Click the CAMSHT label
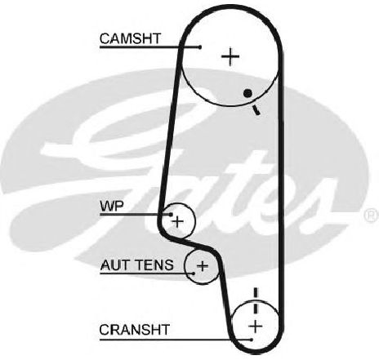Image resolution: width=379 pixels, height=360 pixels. tap(130, 38)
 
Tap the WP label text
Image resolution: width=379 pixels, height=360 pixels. tap(112, 207)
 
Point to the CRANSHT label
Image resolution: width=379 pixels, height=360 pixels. tap(135, 330)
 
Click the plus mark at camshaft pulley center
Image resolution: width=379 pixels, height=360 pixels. tap(230, 56)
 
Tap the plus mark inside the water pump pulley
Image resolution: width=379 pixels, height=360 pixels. tap(178, 221)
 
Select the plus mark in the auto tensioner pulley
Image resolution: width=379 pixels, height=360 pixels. tap(202, 265)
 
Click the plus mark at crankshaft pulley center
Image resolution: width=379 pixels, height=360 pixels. tap(256, 326)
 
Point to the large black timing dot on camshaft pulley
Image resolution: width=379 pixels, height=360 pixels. tap(247, 94)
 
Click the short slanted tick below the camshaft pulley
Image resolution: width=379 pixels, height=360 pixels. tap(256, 110)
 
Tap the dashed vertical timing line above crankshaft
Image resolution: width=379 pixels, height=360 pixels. tap(256, 301)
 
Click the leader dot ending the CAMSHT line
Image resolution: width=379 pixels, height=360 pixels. tap(200, 47)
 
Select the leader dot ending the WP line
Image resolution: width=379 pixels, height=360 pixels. tap(171, 215)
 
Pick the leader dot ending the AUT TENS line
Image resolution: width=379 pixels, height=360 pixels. tap(194, 273)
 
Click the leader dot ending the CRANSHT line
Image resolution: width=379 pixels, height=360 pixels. tap(252, 340)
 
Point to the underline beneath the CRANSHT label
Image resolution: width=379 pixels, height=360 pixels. tap(176, 340)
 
